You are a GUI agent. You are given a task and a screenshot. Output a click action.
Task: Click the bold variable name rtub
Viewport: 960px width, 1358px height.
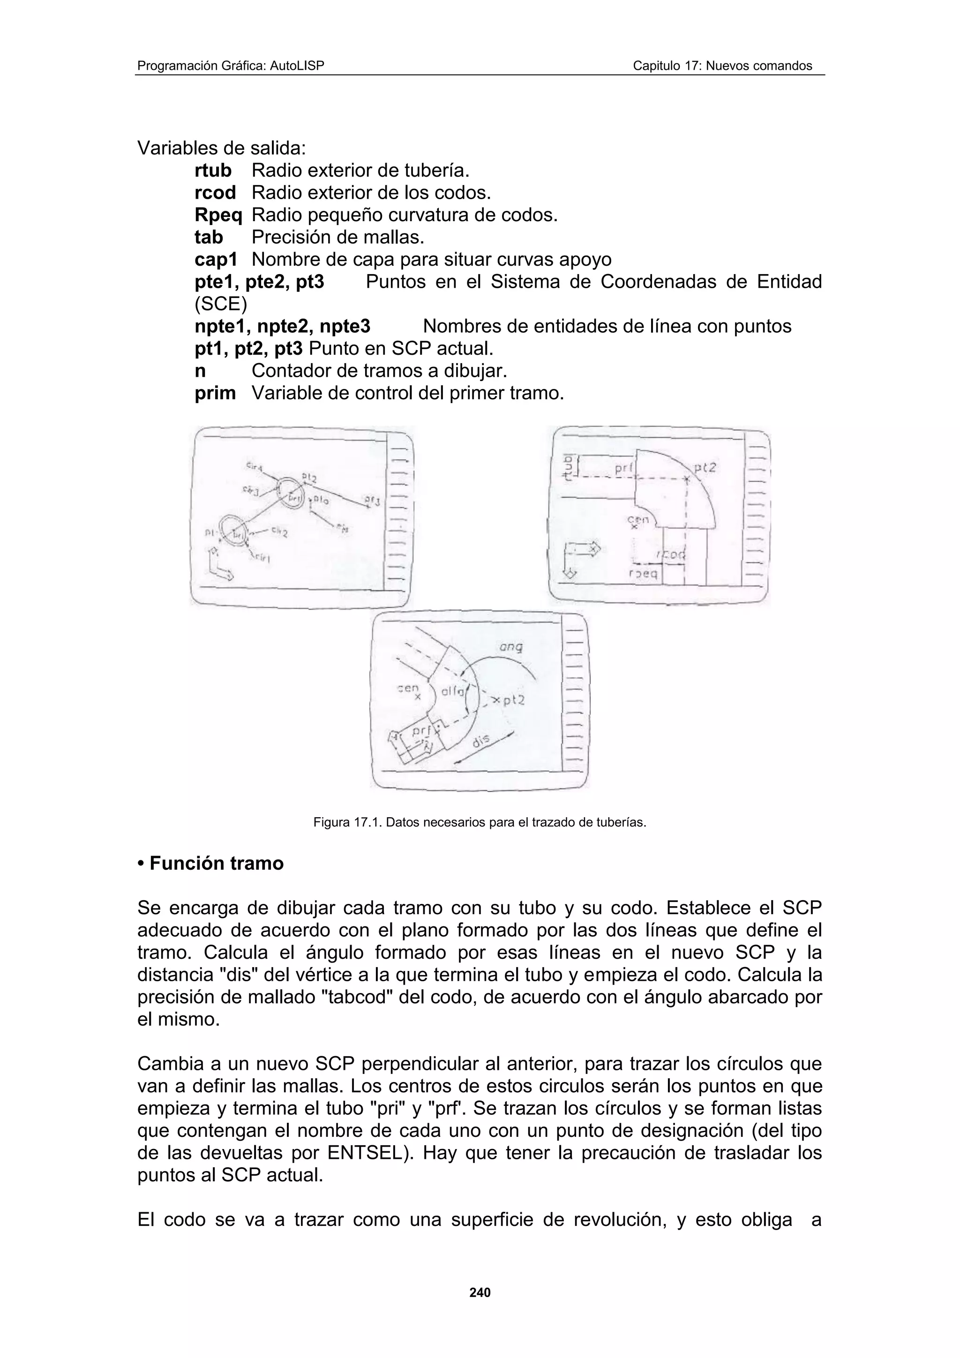pos(213,171)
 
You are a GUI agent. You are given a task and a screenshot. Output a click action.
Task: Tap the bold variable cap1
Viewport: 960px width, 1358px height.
pos(216,260)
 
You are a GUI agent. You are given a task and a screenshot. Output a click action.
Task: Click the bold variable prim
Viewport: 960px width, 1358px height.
pos(215,393)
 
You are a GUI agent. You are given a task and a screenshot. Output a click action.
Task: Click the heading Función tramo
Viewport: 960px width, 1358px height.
pos(216,863)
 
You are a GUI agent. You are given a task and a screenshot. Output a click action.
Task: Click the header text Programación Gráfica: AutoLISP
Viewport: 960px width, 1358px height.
pos(231,66)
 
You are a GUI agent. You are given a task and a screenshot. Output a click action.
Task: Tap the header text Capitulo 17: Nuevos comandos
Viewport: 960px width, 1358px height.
pos(722,66)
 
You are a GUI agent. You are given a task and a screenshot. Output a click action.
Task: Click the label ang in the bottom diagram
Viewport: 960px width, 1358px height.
pos(511,648)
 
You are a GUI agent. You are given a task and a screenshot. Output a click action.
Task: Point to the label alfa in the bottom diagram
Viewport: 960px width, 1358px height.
pos(452,691)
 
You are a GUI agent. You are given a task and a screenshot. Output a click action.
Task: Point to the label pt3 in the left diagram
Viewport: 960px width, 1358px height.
pos(372,501)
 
